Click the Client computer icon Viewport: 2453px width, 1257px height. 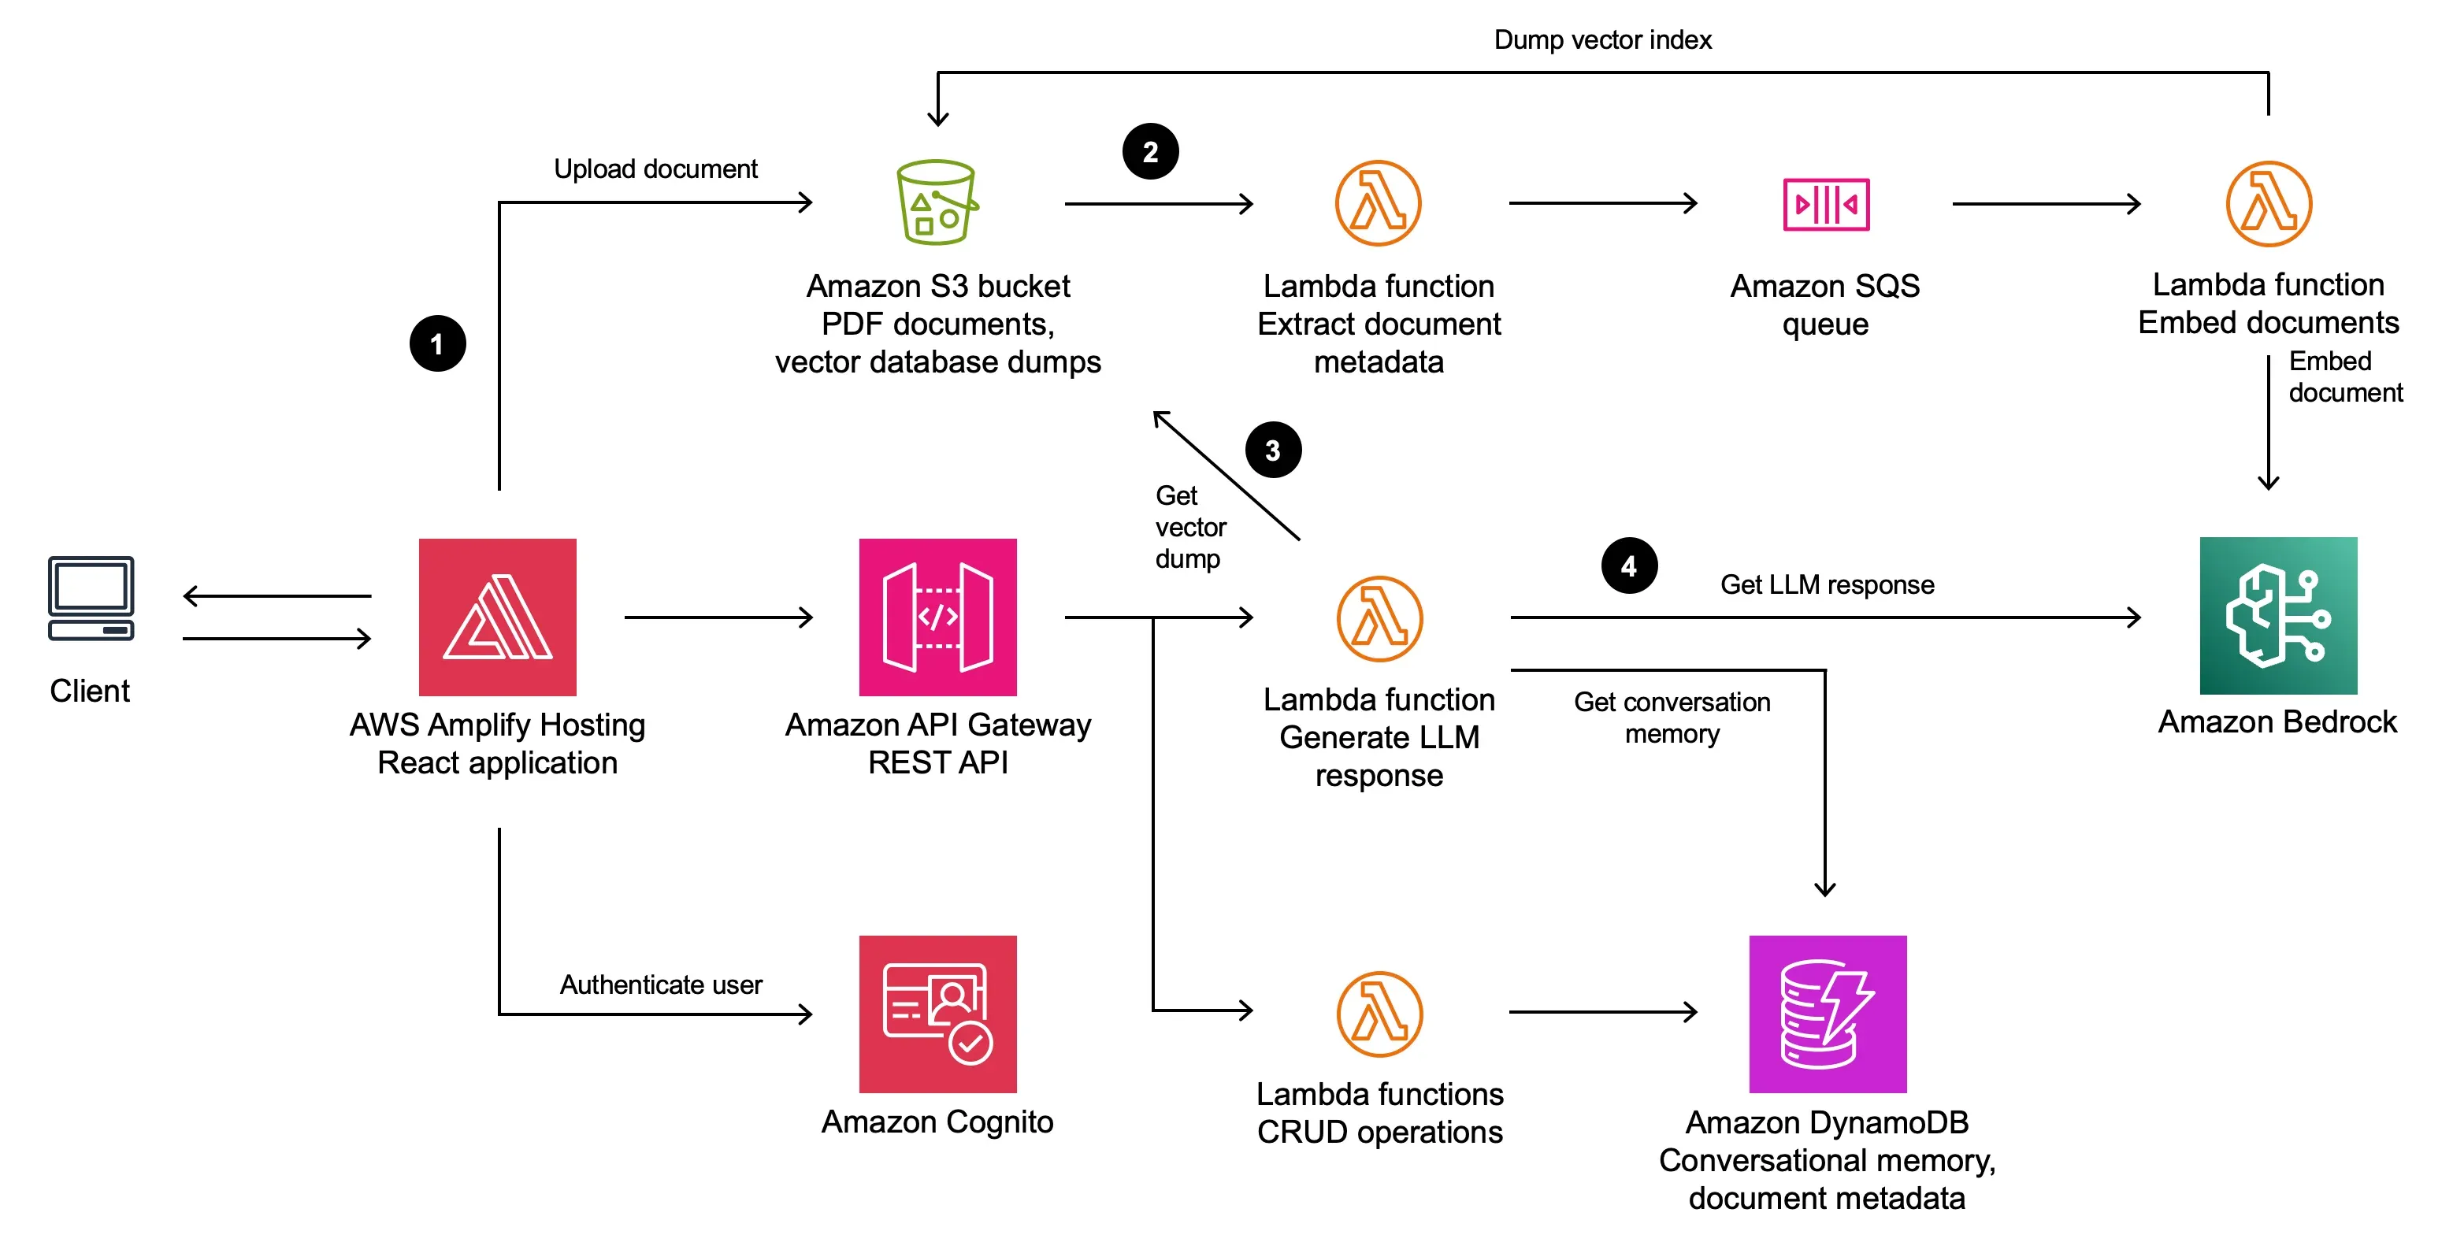91,598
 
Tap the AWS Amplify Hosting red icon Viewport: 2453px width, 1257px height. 497,617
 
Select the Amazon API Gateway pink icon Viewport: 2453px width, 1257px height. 937,617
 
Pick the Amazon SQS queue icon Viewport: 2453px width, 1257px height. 1825,204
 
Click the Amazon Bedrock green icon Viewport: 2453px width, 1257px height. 2278,616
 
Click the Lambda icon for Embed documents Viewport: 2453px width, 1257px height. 2268,204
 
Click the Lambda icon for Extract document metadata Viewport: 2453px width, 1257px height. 1378,204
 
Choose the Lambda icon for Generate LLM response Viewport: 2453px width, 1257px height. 1379,618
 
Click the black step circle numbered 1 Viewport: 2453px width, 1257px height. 437,343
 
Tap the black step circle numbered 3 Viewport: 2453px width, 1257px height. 1273,450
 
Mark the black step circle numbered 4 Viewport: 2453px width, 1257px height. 1629,565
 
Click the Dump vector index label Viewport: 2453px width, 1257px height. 1601,40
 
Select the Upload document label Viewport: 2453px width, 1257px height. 655,169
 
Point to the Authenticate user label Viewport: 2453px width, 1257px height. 660,984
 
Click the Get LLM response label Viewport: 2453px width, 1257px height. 1827,584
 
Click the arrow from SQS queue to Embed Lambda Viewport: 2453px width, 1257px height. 2046,204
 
